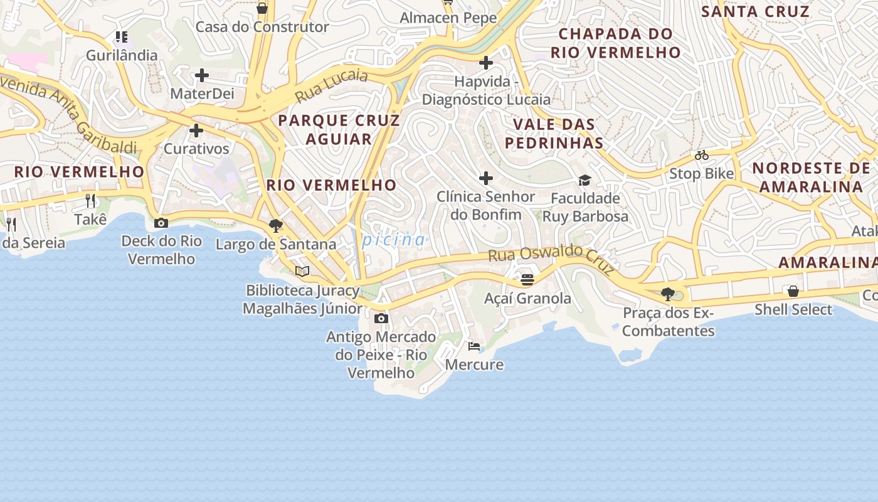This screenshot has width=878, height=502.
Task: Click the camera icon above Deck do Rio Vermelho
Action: (x=161, y=223)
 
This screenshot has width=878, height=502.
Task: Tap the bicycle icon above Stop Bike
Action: (x=701, y=155)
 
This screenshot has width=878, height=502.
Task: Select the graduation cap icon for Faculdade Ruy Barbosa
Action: (x=584, y=181)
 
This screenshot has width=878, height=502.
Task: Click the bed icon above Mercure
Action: (x=474, y=346)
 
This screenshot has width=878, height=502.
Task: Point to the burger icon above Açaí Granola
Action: (x=527, y=279)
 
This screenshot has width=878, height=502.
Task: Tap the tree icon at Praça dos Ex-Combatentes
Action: (x=668, y=294)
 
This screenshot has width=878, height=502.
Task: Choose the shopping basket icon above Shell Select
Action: (x=793, y=291)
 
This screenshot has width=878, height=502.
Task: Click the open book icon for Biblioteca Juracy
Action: (x=302, y=271)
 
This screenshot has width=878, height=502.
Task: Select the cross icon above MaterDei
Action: (x=202, y=76)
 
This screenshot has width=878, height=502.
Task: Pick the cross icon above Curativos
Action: (x=196, y=131)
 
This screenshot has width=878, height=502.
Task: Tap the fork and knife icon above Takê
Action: (x=90, y=201)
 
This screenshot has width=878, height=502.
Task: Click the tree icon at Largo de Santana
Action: (x=275, y=226)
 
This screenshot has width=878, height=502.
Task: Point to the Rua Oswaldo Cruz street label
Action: (x=551, y=258)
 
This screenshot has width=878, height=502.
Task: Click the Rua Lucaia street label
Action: (x=331, y=86)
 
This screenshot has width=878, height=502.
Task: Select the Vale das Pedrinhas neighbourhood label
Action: (x=554, y=134)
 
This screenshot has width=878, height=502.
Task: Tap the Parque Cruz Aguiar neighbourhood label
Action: (x=339, y=129)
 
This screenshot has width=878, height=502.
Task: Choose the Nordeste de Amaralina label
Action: (x=811, y=177)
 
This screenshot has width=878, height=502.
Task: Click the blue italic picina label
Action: (x=394, y=240)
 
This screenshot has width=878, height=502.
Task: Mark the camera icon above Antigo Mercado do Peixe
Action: (x=381, y=319)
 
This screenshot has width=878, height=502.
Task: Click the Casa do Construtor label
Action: (x=262, y=27)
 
